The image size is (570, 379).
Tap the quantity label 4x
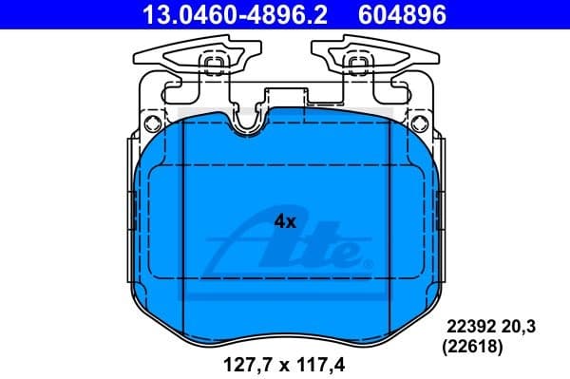(x=285, y=221)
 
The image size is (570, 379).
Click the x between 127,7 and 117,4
(x=282, y=362)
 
